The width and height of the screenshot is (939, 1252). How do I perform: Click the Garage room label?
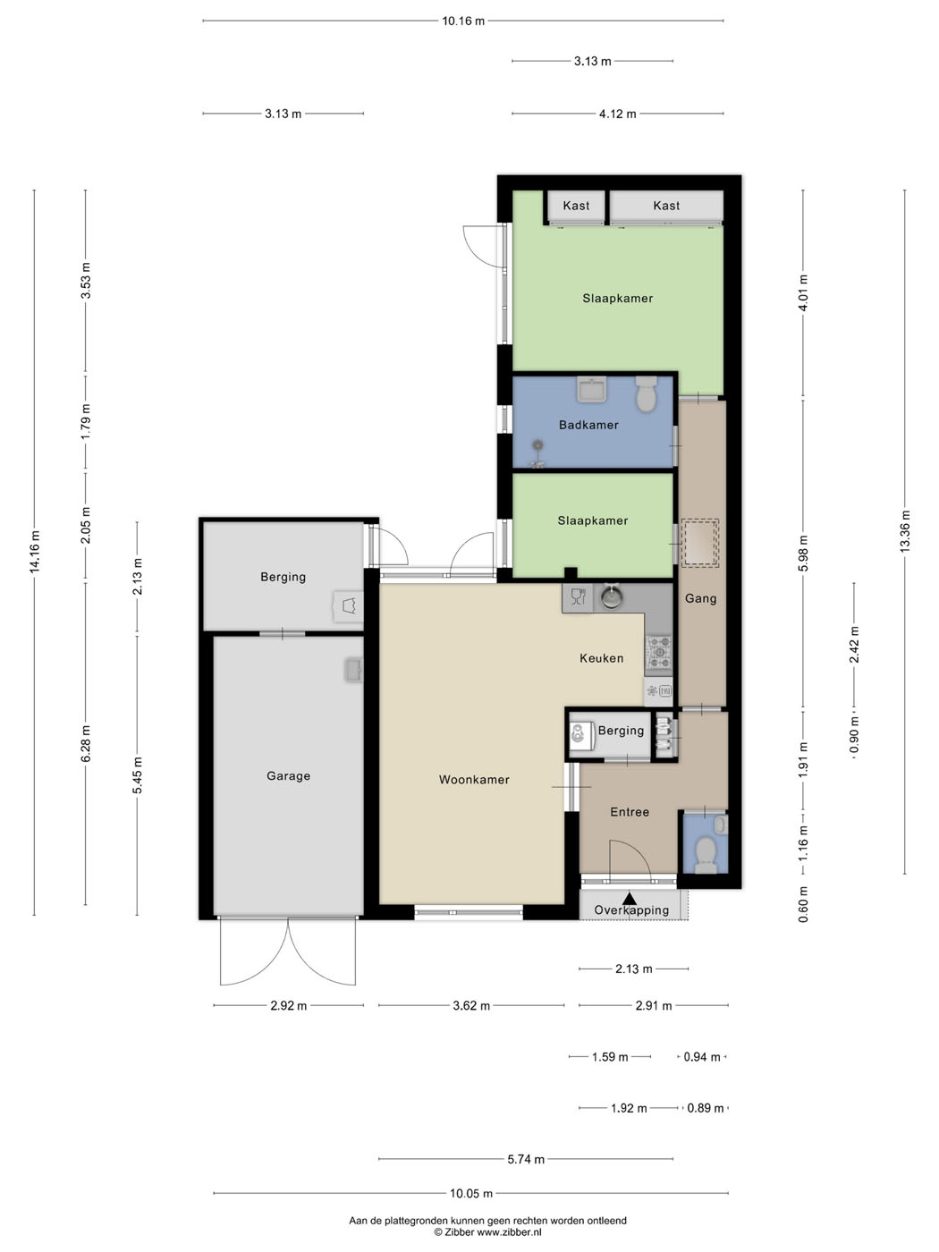[289, 775]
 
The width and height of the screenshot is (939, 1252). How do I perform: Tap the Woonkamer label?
[474, 779]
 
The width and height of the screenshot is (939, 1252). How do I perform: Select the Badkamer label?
[588, 425]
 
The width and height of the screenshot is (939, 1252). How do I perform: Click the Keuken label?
[602, 657]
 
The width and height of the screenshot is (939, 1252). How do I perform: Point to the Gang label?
[701, 598]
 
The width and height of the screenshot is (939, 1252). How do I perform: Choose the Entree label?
[630, 812]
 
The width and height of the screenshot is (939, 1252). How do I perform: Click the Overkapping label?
[631, 909]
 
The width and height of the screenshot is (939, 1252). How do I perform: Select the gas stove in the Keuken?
[658, 653]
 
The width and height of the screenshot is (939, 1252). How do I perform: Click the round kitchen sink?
[611, 597]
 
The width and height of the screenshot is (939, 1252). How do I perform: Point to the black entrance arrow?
[629, 898]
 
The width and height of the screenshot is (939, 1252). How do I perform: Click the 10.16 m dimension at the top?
[463, 21]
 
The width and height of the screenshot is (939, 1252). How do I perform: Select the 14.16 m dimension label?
[36, 552]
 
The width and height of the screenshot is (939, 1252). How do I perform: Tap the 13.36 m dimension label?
[905, 531]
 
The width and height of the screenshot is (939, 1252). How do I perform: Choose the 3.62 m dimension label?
[471, 1005]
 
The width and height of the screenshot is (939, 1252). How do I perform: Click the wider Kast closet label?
[666, 206]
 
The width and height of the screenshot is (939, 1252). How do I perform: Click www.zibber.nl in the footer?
[509, 1232]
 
